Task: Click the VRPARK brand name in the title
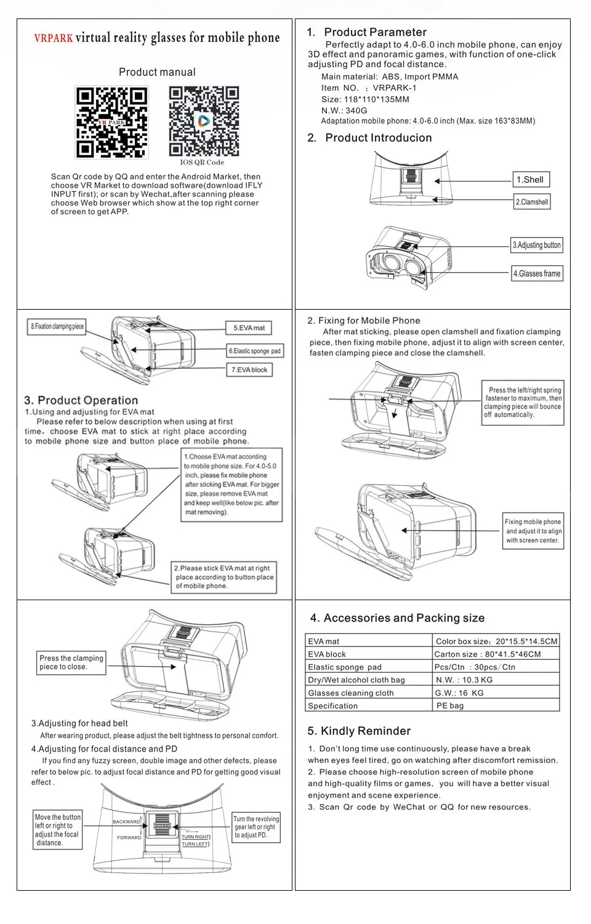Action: [x=54, y=38]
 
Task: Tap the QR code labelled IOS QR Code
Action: [x=204, y=121]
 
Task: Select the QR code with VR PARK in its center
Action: [x=111, y=123]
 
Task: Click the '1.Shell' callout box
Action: [x=531, y=180]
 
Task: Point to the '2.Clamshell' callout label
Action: [x=532, y=202]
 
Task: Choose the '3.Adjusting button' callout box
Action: [x=537, y=245]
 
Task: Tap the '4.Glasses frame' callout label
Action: [x=537, y=273]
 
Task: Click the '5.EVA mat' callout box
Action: [x=249, y=328]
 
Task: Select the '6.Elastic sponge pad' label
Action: [x=255, y=351]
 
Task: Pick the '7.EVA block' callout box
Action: [x=249, y=370]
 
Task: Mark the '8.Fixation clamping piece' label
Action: [x=57, y=326]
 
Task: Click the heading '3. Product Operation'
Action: [x=81, y=400]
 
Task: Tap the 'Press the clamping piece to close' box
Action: [x=71, y=662]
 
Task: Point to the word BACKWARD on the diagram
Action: [x=126, y=822]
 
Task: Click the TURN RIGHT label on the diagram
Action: [x=196, y=837]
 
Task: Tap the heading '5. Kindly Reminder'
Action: [x=359, y=731]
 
